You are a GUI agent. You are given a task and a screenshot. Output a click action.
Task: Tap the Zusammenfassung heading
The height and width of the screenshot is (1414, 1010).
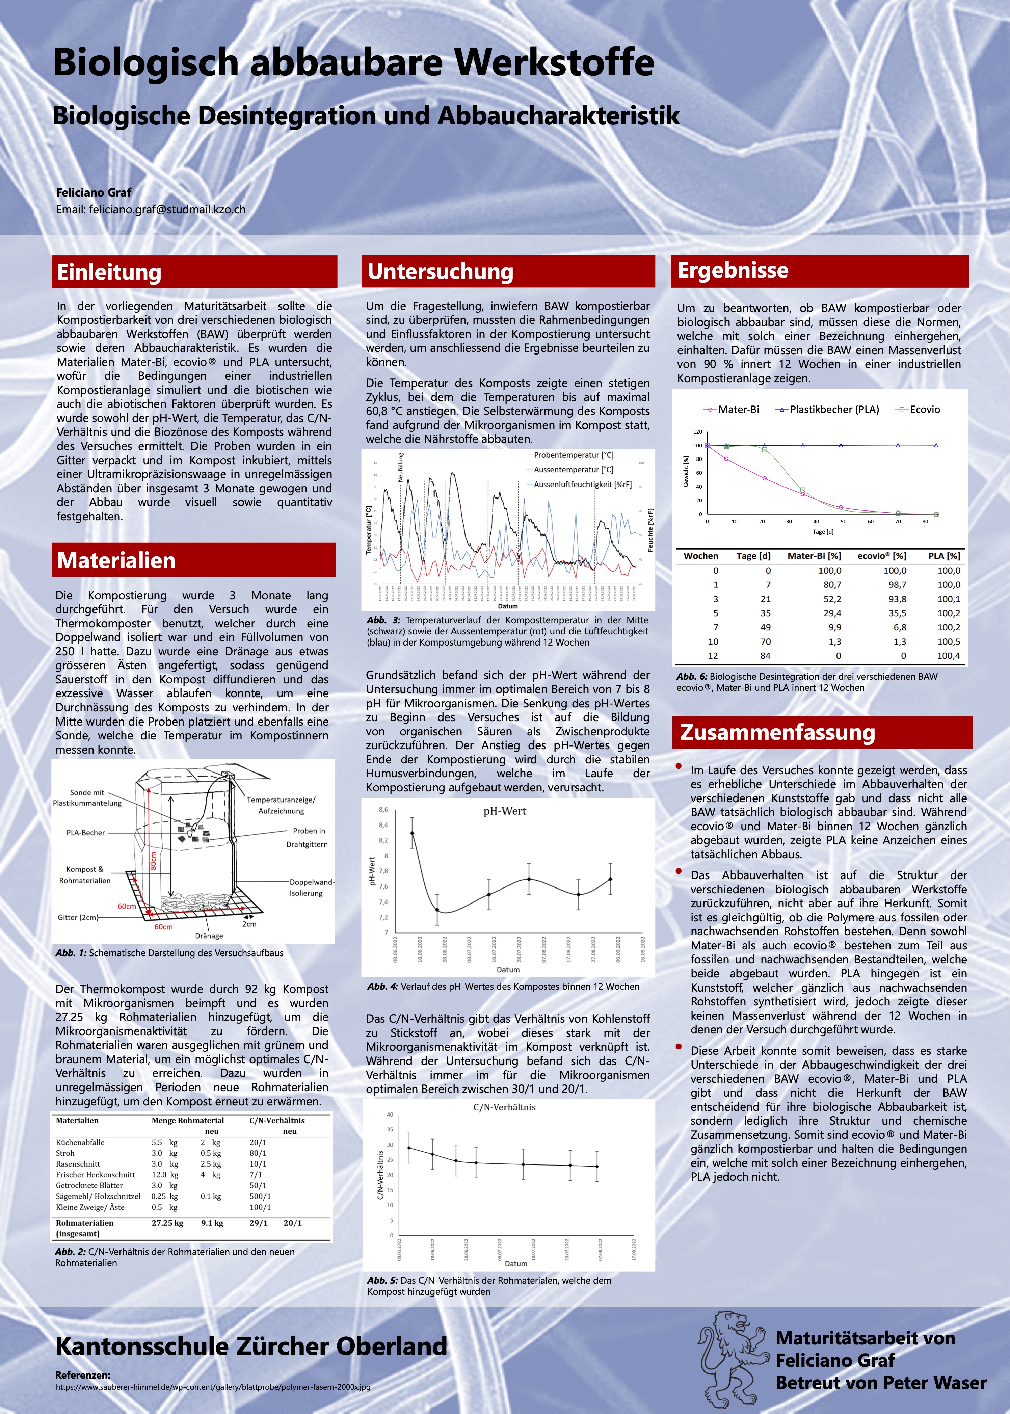point(777,732)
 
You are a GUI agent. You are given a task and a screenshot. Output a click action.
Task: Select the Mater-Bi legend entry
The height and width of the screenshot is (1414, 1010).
point(738,409)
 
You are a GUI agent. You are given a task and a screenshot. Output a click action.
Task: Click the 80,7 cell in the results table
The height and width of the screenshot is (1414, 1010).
point(832,585)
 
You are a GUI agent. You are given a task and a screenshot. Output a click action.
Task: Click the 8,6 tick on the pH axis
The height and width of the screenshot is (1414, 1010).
point(383,810)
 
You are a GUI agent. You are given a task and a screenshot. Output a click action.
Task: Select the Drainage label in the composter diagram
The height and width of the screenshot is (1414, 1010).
point(209,936)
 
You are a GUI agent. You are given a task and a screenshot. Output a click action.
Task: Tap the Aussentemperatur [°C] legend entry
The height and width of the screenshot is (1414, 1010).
point(573,470)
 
